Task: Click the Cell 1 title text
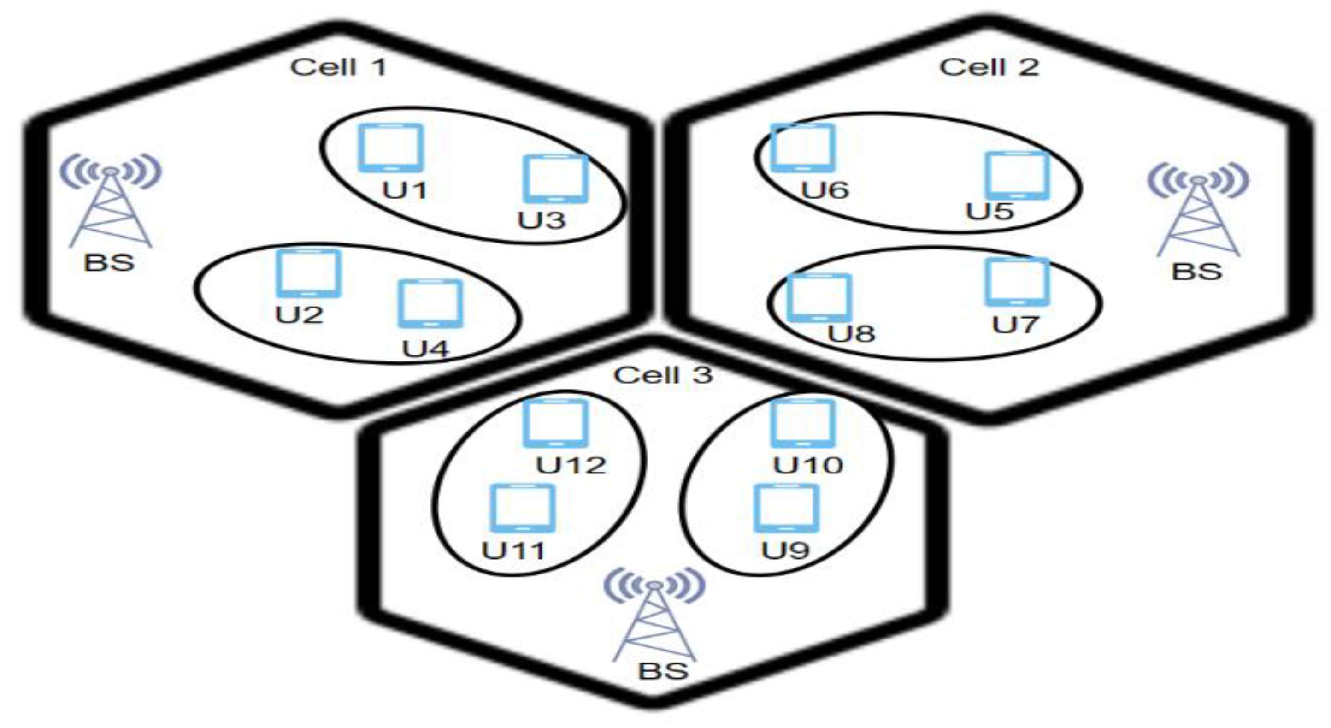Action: pyautogui.click(x=338, y=67)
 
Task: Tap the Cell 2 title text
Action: pyautogui.click(x=989, y=67)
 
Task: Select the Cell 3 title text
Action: pyautogui.click(x=664, y=375)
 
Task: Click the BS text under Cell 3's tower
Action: pyautogui.click(x=664, y=671)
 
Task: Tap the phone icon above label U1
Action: pyautogui.click(x=391, y=148)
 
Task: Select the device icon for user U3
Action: pyautogui.click(x=555, y=179)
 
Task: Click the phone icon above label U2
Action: pyautogui.click(x=308, y=273)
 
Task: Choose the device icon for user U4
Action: pyautogui.click(x=430, y=303)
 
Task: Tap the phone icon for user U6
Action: pyautogui.click(x=802, y=148)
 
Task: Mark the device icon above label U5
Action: pyautogui.click(x=1017, y=175)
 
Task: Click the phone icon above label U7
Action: pyautogui.click(x=1017, y=282)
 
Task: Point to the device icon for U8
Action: pyautogui.click(x=819, y=297)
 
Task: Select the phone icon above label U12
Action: pyautogui.click(x=555, y=423)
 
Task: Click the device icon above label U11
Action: pyautogui.click(x=522, y=508)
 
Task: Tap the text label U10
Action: pyautogui.click(x=808, y=465)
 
